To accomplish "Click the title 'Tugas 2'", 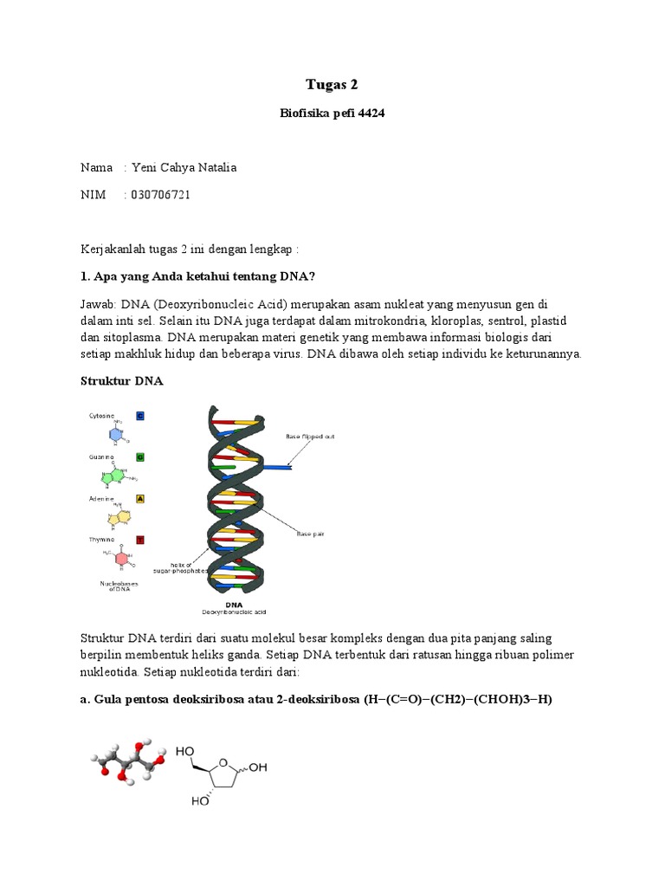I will coord(332,84).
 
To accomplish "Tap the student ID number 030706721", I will coord(161,195).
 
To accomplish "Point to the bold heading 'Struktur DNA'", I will coord(121,380).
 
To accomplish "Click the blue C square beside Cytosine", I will coord(140,416).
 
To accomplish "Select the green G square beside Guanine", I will coord(140,456).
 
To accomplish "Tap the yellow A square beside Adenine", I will coord(140,499).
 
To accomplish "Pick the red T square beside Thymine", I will coord(140,539).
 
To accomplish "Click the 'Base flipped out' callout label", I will coord(310,437).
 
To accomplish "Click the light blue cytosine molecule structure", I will coord(116,434).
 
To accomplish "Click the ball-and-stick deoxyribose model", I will coord(126,759).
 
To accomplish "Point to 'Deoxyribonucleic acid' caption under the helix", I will coord(234,611).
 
